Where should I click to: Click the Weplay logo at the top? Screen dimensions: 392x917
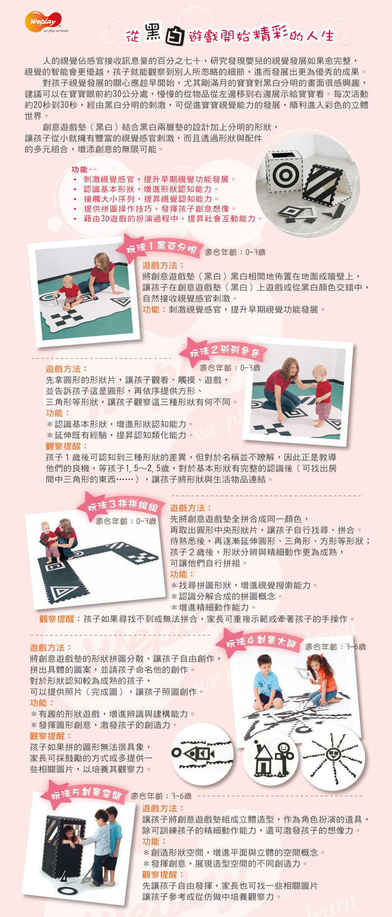pos(44,22)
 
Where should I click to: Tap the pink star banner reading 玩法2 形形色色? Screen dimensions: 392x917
pos(224,351)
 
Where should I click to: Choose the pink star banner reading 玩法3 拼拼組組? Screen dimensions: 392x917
pos(122,505)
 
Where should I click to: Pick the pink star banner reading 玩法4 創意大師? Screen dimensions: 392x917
pos(259,642)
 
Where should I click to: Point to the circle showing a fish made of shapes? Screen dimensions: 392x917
pos(202,755)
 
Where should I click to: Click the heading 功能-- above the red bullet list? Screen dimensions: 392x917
pos(83,169)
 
